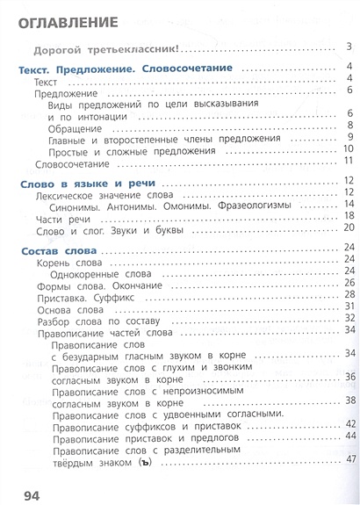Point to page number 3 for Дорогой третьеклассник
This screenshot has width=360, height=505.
349,47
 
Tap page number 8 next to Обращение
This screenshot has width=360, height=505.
349,125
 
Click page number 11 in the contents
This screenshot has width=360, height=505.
347,161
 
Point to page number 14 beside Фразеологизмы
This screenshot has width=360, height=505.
348,205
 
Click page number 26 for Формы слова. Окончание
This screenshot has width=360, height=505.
348,283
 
